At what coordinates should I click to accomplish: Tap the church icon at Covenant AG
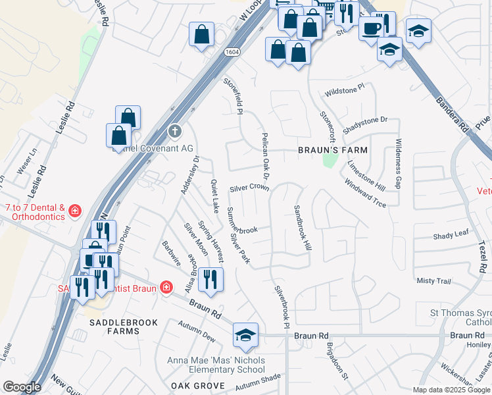pyautogui.click(x=174, y=131)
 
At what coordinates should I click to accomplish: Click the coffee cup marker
pyautogui.click(x=372, y=29)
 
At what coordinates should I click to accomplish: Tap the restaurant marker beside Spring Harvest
pyautogui.click(x=210, y=279)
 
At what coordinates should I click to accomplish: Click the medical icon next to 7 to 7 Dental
pyautogui.click(x=75, y=211)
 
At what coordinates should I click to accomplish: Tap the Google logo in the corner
pyautogui.click(x=22, y=387)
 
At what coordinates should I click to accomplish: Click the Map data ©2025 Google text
pyautogui.click(x=451, y=390)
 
